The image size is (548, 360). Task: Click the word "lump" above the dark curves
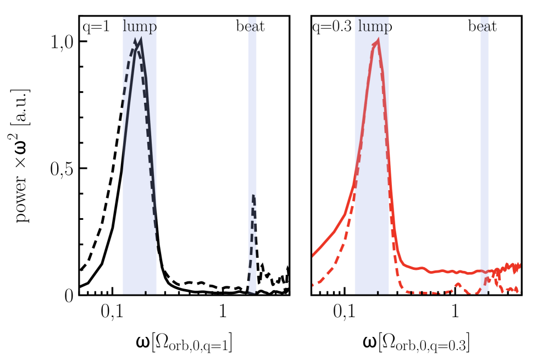[x=139, y=26]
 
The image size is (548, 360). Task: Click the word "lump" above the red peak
[x=374, y=26]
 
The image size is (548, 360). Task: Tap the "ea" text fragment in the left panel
[x=252, y=26]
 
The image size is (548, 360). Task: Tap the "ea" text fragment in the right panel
[x=484, y=26]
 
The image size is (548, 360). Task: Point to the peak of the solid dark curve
[x=141, y=40]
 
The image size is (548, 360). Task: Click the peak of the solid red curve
[x=378, y=41]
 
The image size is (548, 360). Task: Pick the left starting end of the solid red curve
[x=313, y=254]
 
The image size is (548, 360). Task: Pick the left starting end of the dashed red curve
[x=313, y=285]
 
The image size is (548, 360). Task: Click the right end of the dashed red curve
[x=518, y=291]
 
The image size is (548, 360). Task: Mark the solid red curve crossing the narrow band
[x=484, y=271]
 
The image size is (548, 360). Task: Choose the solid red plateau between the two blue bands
[x=440, y=271]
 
